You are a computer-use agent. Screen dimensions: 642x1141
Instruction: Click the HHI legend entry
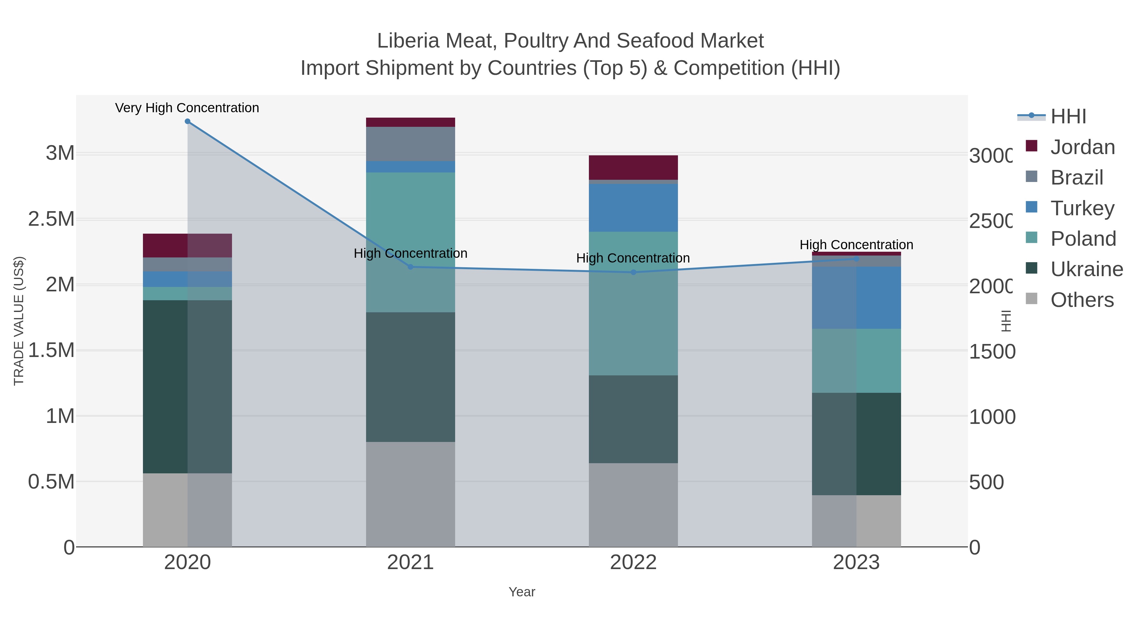pyautogui.click(x=1068, y=117)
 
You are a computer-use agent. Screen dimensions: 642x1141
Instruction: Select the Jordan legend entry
pyautogui.click(x=1082, y=147)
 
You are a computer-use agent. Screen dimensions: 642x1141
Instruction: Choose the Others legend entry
pyautogui.click(x=1082, y=300)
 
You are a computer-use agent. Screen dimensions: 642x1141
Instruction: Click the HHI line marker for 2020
pyautogui.click(x=187, y=121)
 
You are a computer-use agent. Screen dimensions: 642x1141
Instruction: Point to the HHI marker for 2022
pyautogui.click(x=633, y=272)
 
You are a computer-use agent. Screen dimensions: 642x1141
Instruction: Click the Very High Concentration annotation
pyautogui.click(x=187, y=108)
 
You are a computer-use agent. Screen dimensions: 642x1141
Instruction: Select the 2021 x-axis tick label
pyautogui.click(x=410, y=563)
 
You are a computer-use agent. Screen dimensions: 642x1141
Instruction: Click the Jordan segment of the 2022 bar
pyautogui.click(x=633, y=167)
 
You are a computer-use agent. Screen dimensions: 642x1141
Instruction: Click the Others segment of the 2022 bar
pyautogui.click(x=633, y=505)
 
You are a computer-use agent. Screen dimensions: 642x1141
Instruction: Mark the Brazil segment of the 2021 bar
pyautogui.click(x=410, y=144)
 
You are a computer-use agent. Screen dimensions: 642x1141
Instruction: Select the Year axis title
pyautogui.click(x=522, y=592)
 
